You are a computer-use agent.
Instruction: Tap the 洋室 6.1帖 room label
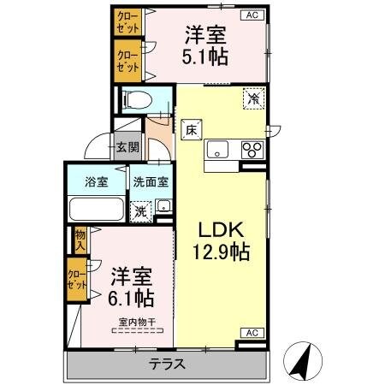(131, 287)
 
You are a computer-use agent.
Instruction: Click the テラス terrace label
(168, 363)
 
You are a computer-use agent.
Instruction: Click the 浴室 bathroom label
(96, 181)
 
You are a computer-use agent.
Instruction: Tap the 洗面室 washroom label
(151, 181)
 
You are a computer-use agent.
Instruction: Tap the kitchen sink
(217, 150)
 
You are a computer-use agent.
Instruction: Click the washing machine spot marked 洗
(139, 208)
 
